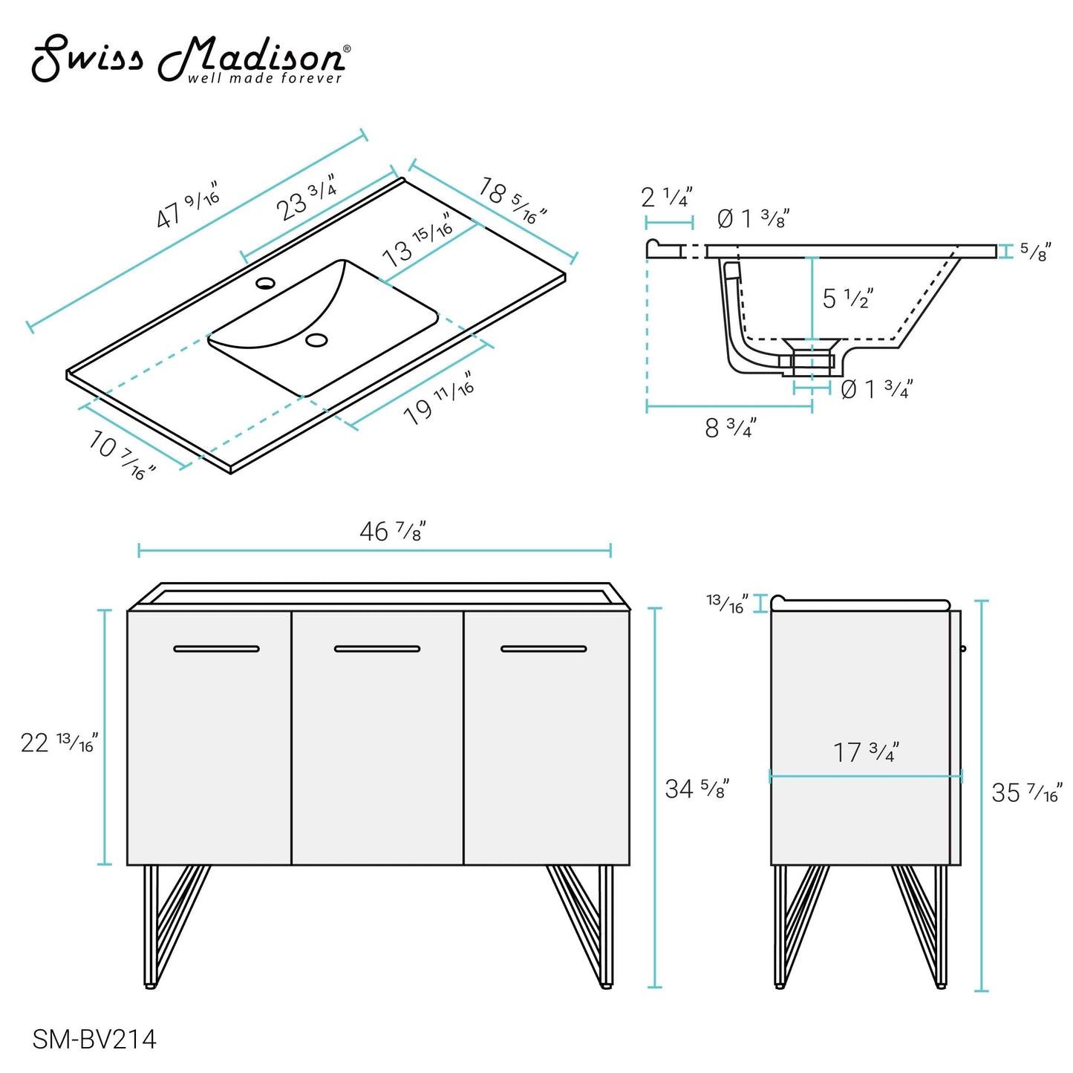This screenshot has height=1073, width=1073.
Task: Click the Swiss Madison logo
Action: tap(190, 60)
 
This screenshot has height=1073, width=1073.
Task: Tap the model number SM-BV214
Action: tap(94, 1039)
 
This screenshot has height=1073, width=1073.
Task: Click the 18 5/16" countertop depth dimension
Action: tap(512, 200)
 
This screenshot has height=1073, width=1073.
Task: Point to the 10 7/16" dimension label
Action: tap(122, 454)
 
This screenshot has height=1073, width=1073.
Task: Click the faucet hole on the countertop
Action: tap(265, 283)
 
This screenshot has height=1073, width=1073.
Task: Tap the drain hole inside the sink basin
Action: tap(317, 340)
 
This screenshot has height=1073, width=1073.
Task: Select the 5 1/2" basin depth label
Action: tap(847, 299)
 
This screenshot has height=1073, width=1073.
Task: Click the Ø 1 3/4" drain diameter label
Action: tap(875, 388)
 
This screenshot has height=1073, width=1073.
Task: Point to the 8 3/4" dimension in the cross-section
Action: tap(730, 428)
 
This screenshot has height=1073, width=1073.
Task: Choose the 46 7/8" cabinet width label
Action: tap(392, 531)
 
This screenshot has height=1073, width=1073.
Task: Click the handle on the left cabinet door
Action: tap(216, 649)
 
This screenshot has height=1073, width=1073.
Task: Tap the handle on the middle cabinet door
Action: tap(377, 649)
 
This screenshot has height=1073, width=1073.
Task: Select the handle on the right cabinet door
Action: tap(544, 649)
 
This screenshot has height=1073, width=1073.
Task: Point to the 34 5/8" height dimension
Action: tap(697, 788)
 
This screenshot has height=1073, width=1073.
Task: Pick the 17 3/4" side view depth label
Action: tap(865, 752)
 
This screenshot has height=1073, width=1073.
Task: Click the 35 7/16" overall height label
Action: tap(1026, 792)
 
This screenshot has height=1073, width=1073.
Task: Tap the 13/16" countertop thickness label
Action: tap(727, 603)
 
